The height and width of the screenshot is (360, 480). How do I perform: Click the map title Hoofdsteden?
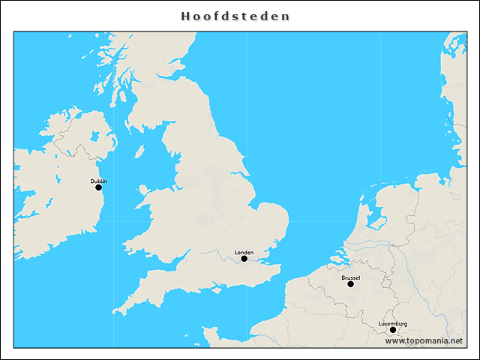pyautogui.click(x=235, y=16)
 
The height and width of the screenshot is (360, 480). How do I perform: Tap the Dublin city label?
pyautogui.click(x=98, y=181)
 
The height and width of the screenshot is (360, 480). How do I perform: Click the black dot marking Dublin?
pyautogui.click(x=98, y=187)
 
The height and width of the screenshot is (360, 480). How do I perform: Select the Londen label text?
pyautogui.click(x=244, y=252)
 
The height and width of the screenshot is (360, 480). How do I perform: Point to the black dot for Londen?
pyautogui.click(x=244, y=259)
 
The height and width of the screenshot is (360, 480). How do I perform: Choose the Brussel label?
pyautogui.click(x=350, y=277)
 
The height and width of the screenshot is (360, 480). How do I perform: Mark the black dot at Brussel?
pyautogui.click(x=350, y=284)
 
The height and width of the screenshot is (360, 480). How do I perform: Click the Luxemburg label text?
pyautogui.click(x=392, y=323)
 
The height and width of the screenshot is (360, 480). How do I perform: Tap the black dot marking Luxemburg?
pyautogui.click(x=392, y=330)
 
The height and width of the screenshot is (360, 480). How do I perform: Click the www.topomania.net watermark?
pyautogui.click(x=424, y=340)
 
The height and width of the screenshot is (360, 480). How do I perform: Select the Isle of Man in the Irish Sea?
pyautogui.click(x=139, y=151)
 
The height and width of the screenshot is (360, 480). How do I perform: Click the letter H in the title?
pyautogui.click(x=184, y=16)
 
